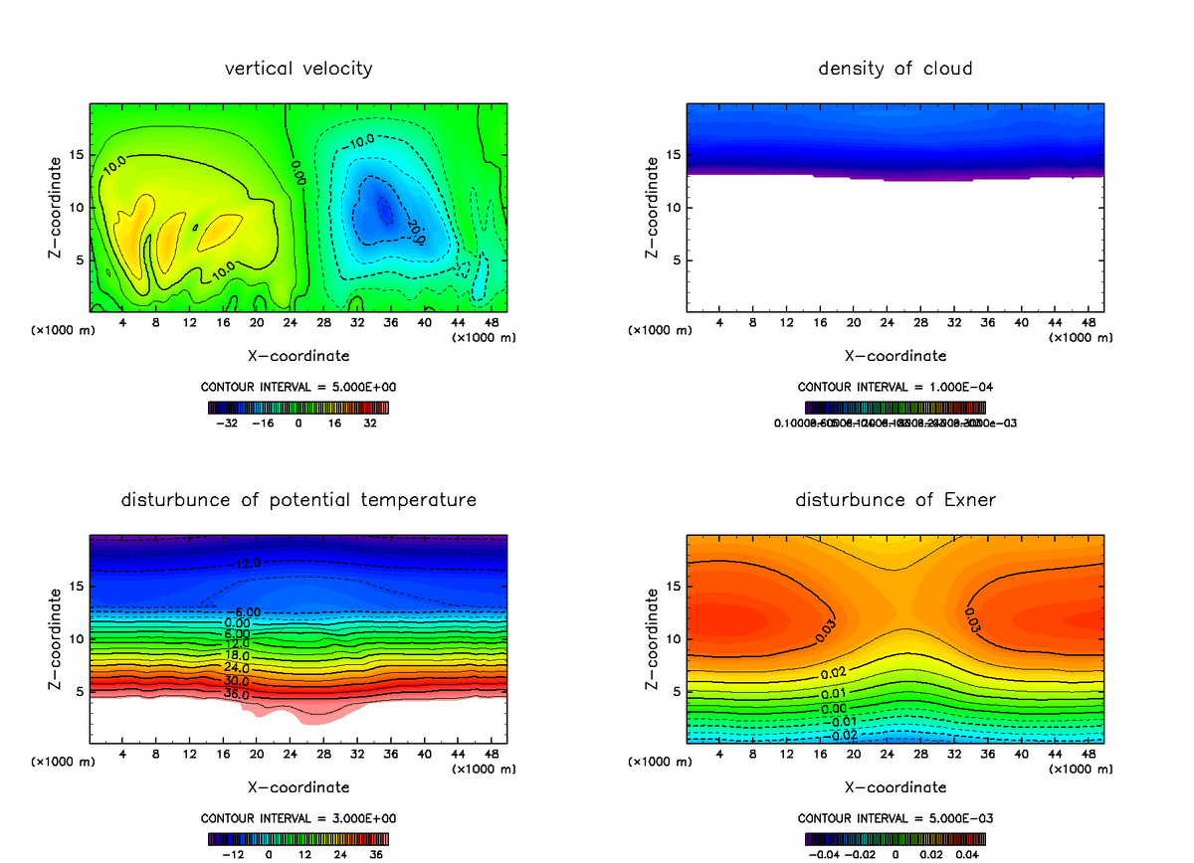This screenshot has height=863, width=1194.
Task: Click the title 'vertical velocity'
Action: tap(298, 69)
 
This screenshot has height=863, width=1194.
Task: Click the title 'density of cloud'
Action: tap(895, 69)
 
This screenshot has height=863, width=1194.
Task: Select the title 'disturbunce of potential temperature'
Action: tap(298, 500)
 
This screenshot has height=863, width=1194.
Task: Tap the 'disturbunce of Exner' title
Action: tap(895, 500)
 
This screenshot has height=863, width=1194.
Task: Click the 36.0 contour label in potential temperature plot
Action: tap(236, 693)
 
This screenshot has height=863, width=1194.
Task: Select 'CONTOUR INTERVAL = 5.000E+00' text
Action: tap(298, 386)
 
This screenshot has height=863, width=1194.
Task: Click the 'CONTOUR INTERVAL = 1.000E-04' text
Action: tap(895, 386)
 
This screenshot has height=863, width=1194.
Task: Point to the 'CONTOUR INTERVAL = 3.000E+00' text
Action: tap(298, 818)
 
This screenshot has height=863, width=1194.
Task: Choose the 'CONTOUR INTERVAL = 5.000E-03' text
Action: tap(895, 818)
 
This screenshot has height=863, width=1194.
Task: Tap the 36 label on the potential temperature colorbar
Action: tap(376, 854)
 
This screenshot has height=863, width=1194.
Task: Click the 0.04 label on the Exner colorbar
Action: tap(966, 854)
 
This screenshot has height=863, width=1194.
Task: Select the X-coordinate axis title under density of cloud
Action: tap(895, 355)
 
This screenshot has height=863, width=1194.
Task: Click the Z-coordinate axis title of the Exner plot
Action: tap(653, 639)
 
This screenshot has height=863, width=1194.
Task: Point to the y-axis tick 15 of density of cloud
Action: tap(673, 155)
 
